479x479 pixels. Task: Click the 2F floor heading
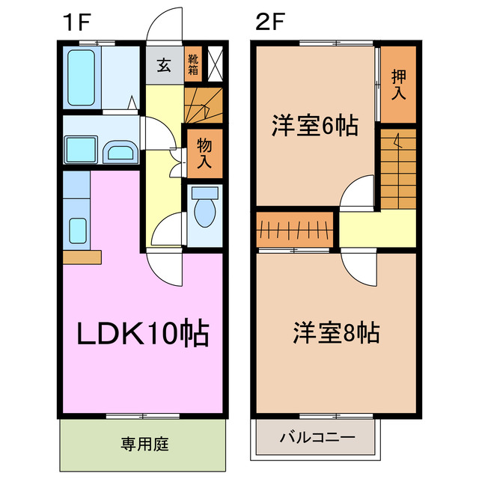pos(270,22)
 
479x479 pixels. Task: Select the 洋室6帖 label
pos(313,125)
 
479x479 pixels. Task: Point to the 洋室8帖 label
pos(335,332)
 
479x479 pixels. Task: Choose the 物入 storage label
pos(204,153)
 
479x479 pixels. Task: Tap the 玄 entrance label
pos(164,64)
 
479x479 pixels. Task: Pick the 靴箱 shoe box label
pos(193,64)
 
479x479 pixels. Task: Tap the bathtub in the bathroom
pos(81,77)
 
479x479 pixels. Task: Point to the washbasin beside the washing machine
pos(120,151)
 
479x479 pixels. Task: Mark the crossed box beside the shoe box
pos(214,64)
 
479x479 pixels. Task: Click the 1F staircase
pos(203,105)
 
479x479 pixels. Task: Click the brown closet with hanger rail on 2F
pos(294,229)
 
